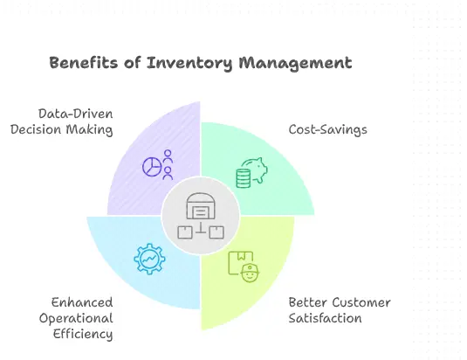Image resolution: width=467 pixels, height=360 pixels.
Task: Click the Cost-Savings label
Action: tap(327, 130)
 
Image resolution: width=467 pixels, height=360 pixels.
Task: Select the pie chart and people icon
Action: tap(157, 166)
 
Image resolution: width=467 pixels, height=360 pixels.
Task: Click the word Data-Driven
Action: tap(76, 114)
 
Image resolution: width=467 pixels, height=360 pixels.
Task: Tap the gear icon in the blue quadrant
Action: tap(148, 260)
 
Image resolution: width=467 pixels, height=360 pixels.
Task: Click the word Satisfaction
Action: tap(325, 318)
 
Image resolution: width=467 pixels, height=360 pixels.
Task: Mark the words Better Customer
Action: tap(340, 302)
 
